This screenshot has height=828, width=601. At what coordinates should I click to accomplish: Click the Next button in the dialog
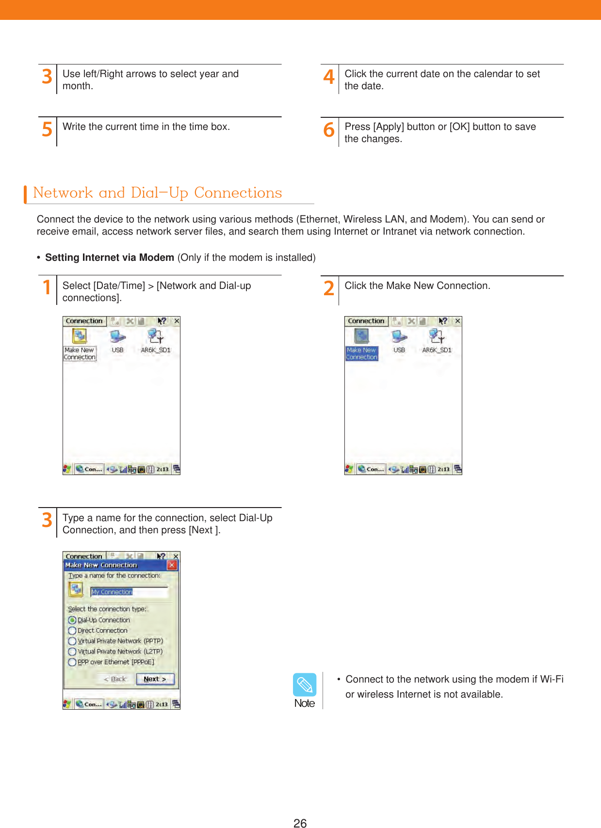tap(155, 679)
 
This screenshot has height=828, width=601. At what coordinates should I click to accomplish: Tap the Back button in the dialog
tap(115, 679)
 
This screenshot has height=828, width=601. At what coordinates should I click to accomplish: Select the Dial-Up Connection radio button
tap(72, 620)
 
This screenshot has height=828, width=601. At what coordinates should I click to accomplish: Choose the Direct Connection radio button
tap(72, 631)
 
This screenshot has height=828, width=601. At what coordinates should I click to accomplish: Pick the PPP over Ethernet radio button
tap(72, 662)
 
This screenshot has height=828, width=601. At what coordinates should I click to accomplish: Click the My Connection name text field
tap(129, 592)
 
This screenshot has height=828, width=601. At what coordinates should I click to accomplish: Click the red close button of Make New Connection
tap(172, 565)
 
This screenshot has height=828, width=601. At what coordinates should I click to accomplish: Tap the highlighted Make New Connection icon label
tap(361, 353)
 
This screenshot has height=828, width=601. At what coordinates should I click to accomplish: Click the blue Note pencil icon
tap(305, 685)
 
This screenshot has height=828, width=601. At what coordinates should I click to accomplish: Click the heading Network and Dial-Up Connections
tap(157, 193)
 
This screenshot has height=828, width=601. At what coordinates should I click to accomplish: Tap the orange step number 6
tap(329, 130)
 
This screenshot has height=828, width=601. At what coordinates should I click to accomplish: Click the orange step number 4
tap(329, 77)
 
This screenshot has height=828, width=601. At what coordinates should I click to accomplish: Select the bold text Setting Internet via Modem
tap(109, 257)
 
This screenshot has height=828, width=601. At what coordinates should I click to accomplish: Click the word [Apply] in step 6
tap(388, 127)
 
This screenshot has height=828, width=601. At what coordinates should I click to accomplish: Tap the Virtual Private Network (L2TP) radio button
tap(72, 652)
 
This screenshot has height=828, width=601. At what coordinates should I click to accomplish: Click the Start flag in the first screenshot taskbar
tap(67, 469)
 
